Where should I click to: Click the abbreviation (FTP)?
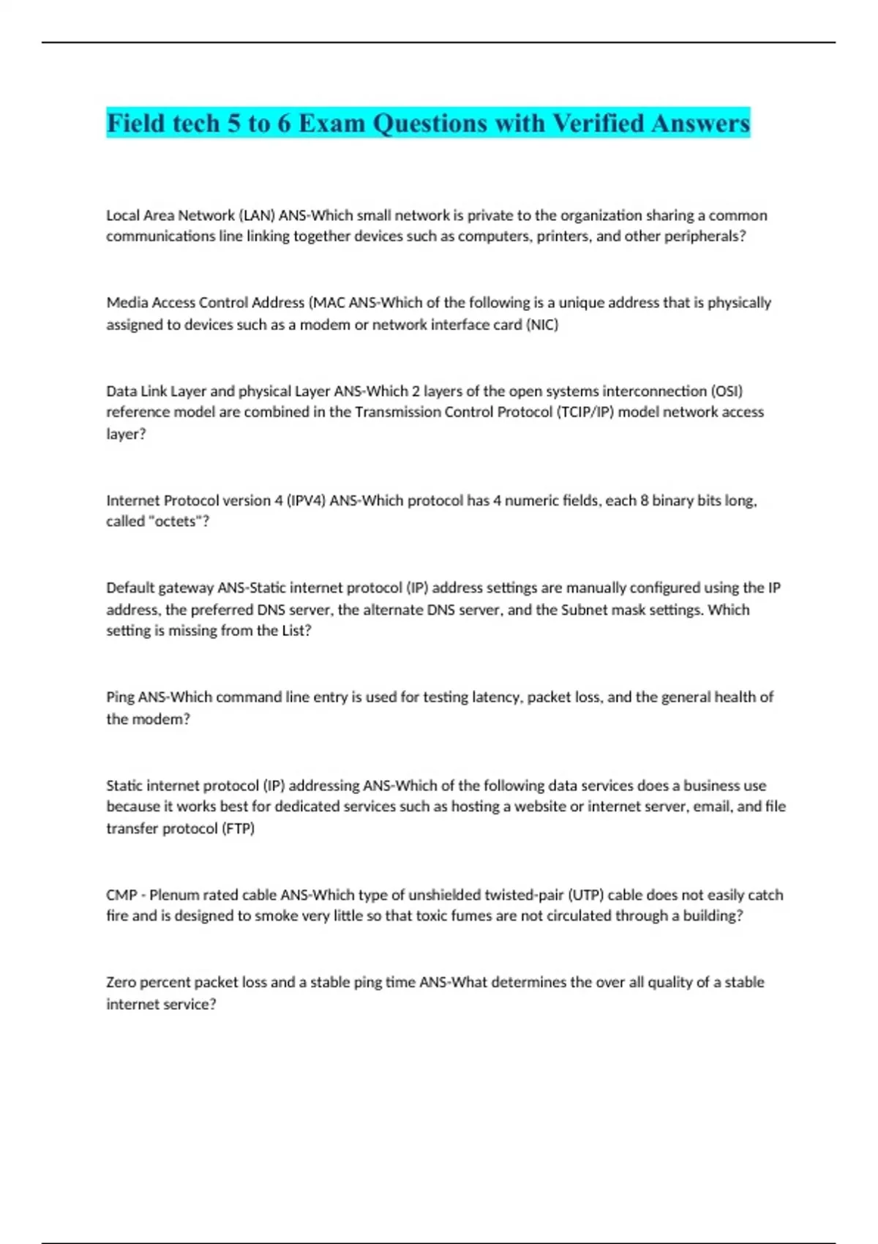(238, 828)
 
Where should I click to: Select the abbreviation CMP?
(121, 895)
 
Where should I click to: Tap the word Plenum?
(174, 895)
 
